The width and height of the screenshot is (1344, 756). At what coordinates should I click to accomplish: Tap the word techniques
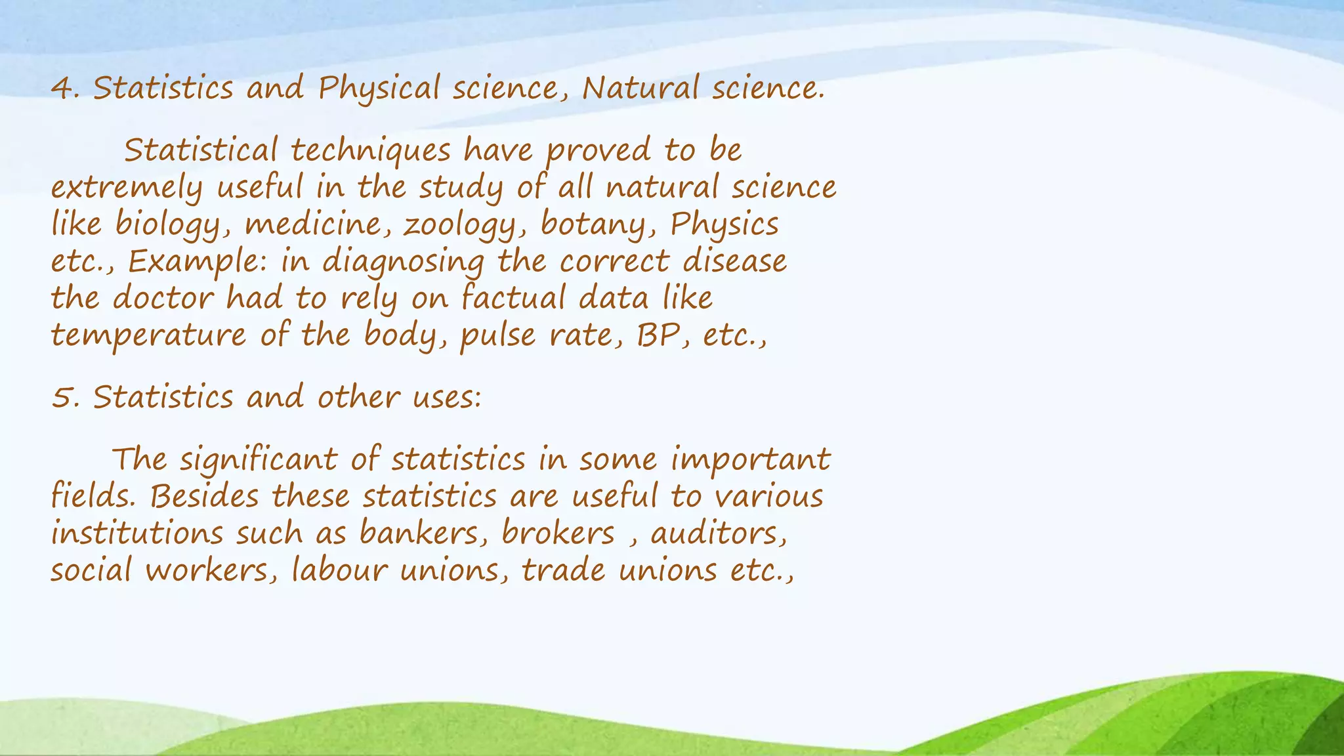coord(371,151)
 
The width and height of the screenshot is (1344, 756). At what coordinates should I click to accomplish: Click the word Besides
coord(204,496)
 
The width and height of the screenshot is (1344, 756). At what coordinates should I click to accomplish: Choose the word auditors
coord(718,534)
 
